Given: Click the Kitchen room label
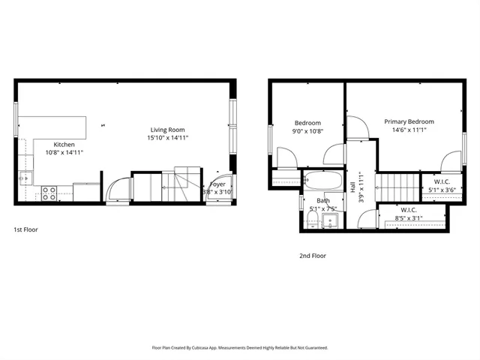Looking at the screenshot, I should (64, 144).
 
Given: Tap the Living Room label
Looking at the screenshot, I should (167, 130).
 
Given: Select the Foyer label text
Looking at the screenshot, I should (217, 184).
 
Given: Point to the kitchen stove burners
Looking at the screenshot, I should (49, 193).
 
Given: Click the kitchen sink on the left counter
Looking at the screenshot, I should (23, 178).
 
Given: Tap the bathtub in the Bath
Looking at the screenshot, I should (323, 181).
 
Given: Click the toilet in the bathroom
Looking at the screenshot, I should (311, 218).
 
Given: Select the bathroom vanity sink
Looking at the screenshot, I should (331, 220).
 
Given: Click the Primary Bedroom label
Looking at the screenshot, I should (409, 121).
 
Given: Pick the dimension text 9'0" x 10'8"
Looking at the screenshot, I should (307, 131).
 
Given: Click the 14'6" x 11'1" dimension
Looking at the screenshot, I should (409, 130).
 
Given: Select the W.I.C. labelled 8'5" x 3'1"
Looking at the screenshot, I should (409, 214).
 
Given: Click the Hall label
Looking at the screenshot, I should (352, 187).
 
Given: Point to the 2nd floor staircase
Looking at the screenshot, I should (396, 183).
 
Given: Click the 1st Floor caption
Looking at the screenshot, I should (26, 229).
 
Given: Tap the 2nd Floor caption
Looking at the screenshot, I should (313, 256).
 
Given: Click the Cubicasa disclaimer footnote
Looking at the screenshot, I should (240, 347).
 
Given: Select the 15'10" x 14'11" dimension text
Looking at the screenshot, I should (167, 138).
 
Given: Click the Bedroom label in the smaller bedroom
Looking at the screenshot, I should (307, 123).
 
